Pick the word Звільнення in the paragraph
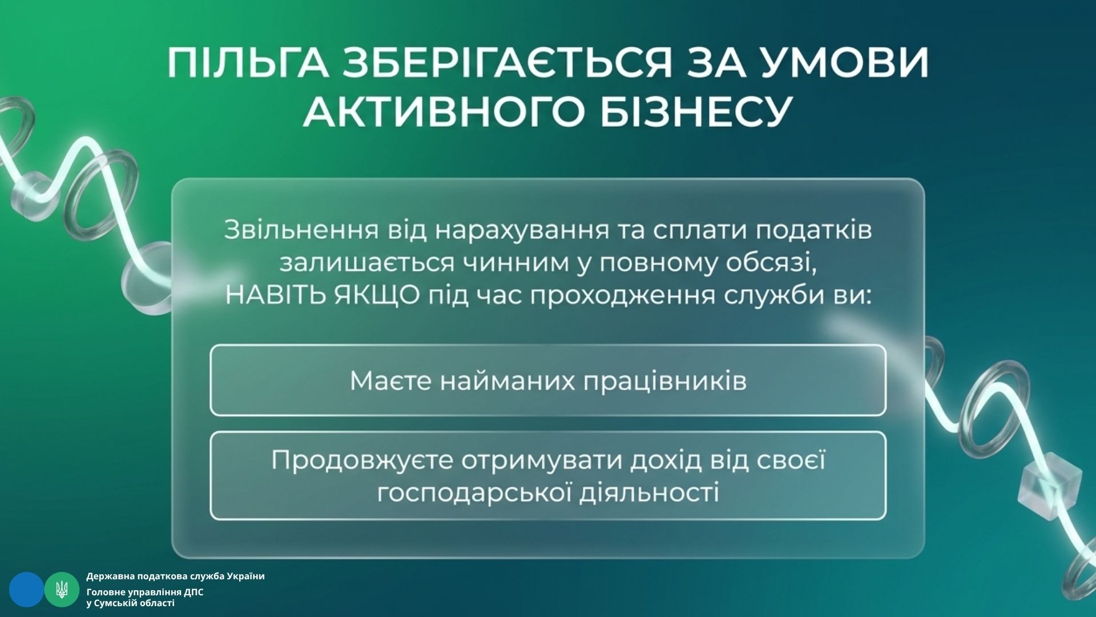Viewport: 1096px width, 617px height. [301, 230]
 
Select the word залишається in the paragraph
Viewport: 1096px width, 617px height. [367, 263]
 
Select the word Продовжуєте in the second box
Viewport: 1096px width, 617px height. [362, 460]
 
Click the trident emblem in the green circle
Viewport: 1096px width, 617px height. [62, 589]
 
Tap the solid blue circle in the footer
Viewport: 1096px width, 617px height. [26, 589]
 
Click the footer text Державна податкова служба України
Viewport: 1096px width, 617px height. [175, 576]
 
